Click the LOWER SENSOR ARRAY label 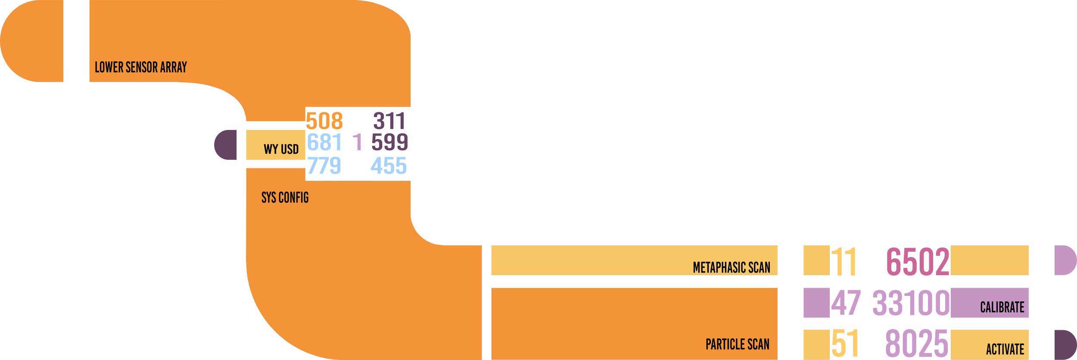pyautogui.click(x=140, y=67)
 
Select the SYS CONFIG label pyautogui.click(x=285, y=198)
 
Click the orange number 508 pyautogui.click(x=324, y=121)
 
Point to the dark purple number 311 pyautogui.click(x=389, y=121)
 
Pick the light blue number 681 pyautogui.click(x=324, y=143)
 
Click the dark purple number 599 pyautogui.click(x=389, y=143)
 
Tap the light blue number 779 pyautogui.click(x=324, y=166)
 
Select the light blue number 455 pyautogui.click(x=389, y=166)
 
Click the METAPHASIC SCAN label pyautogui.click(x=731, y=267)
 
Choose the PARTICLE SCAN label pyautogui.click(x=737, y=344)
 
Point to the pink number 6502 pyautogui.click(x=917, y=261)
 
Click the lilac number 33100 pyautogui.click(x=911, y=303)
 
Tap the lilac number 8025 pyautogui.click(x=916, y=344)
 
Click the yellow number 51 pyautogui.click(x=845, y=344)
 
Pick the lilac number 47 pyautogui.click(x=846, y=303)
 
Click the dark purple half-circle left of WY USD pyautogui.click(x=226, y=145)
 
